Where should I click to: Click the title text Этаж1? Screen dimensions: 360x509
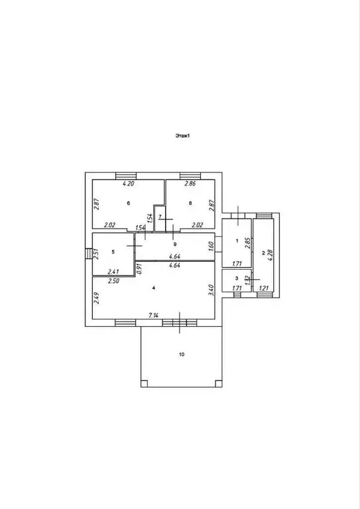[182, 136]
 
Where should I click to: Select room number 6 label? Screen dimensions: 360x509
[129, 203]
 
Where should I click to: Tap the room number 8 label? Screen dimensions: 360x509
[190, 203]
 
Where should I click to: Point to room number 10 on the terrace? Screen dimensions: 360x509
[182, 354]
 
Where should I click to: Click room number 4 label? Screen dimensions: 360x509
[154, 288]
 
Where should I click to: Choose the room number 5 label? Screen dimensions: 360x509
[113, 252]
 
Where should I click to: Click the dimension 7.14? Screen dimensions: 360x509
[154, 315]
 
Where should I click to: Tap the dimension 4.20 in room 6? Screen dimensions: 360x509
[128, 184]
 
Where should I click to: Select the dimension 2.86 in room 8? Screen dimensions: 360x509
[190, 184]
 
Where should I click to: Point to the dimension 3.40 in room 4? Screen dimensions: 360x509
[210, 290]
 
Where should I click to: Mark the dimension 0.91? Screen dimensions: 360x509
[139, 269]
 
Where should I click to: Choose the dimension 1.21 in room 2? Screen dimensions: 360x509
[265, 288]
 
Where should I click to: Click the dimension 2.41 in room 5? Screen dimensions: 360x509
[113, 272]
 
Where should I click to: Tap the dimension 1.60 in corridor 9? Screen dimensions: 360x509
[210, 247]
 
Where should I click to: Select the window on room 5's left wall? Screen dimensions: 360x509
[89, 254]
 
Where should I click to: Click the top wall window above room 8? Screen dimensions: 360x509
[190, 176]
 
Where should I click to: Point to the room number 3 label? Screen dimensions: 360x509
[237, 278]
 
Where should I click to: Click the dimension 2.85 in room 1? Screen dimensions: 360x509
[248, 243]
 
